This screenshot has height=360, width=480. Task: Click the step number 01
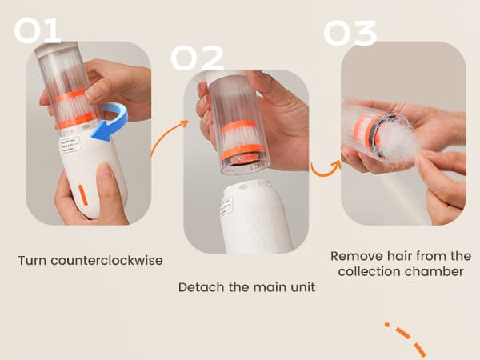point(38,30)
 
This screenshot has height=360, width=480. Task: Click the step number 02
point(197,58)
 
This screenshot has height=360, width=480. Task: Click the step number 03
point(350,33)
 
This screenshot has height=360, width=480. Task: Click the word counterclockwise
point(106,261)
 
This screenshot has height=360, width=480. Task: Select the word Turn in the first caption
point(32,261)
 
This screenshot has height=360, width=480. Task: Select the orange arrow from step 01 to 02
point(168,138)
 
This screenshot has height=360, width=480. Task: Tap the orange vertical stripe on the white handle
point(83,195)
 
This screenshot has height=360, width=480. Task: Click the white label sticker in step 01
point(70,145)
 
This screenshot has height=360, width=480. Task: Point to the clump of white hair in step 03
point(397,141)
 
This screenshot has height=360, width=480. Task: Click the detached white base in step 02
point(257,218)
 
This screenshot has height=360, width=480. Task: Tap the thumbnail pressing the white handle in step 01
point(105,171)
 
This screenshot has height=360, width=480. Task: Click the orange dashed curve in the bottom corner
point(406,338)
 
